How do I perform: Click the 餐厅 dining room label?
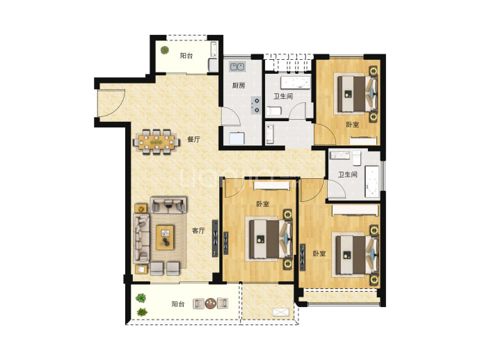193,139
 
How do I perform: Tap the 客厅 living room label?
198,230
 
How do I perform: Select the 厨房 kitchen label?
239,85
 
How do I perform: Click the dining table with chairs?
157,142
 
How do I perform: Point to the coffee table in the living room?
165,237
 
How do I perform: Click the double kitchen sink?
237,66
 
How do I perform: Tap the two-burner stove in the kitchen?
256,105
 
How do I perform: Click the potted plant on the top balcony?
165,50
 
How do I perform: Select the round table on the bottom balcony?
211,304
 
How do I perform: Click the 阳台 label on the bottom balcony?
178,304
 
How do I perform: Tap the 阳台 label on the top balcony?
186,56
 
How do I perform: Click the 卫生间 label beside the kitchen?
283,96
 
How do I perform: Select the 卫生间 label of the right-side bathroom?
347,174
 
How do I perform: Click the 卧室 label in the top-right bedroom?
352,125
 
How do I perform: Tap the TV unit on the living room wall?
215,238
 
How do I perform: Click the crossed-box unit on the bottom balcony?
281,312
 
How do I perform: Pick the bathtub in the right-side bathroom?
372,181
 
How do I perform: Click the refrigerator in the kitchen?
237,138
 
